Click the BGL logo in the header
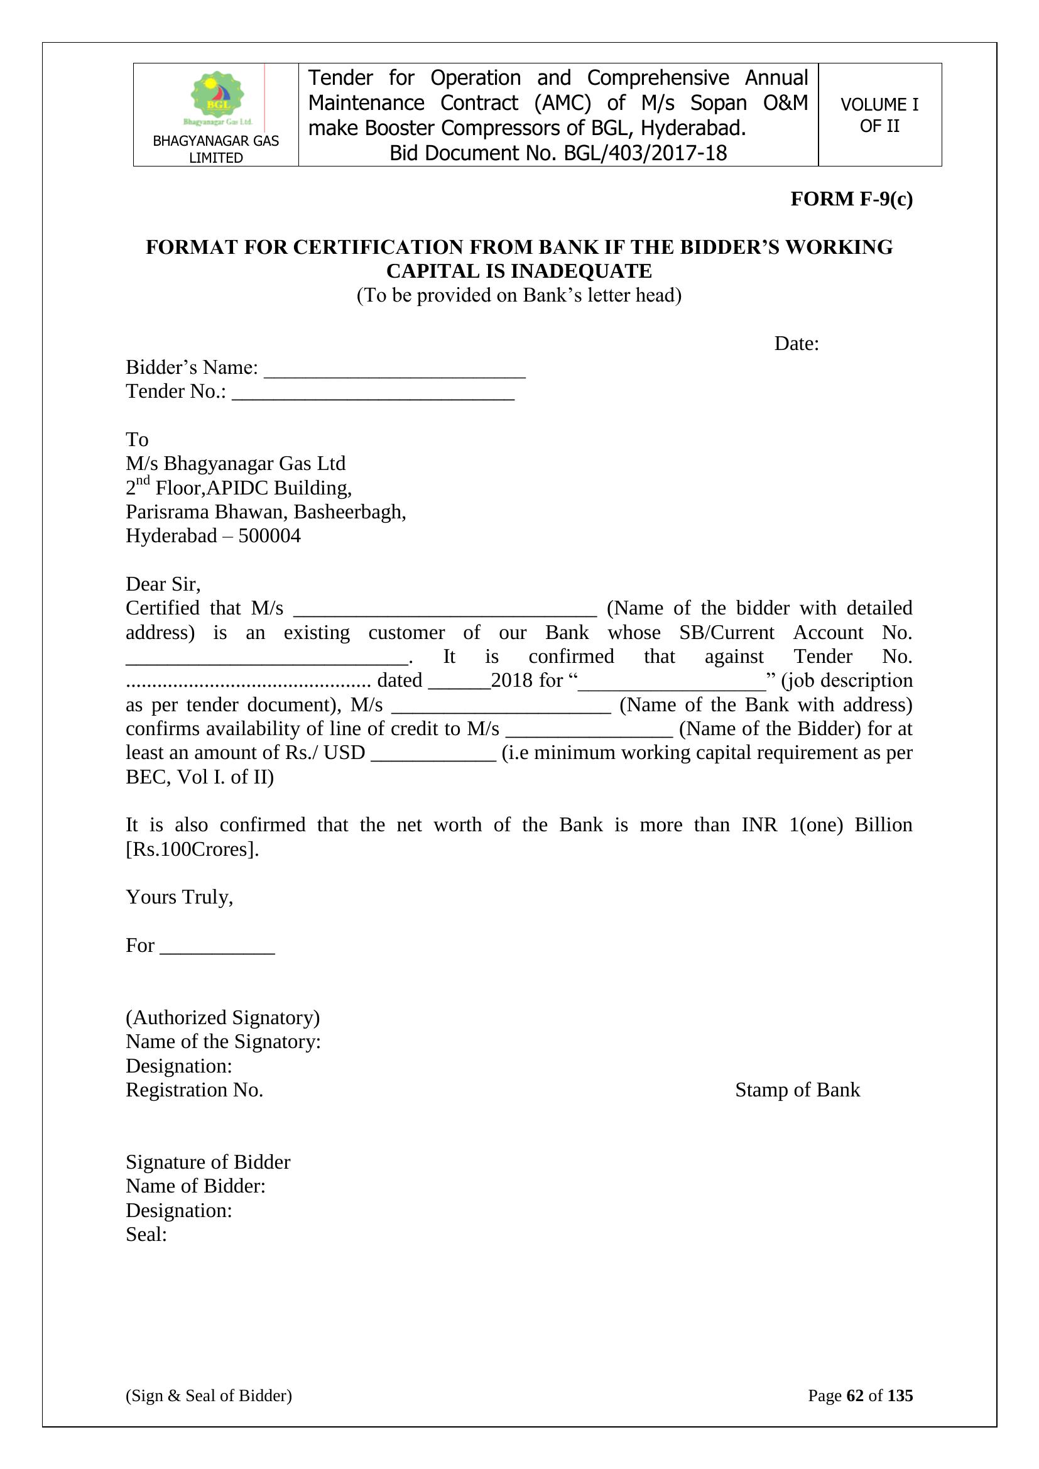217,98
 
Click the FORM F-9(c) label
851,199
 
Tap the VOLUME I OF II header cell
879,115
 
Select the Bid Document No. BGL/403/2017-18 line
558,153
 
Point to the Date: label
796,344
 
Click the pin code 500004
269,535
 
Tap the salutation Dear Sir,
163,584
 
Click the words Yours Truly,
179,897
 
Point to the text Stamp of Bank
797,1089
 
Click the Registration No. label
195,1089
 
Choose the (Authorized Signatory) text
222,1017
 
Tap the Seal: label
146,1234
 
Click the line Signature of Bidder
208,1162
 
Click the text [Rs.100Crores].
193,849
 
